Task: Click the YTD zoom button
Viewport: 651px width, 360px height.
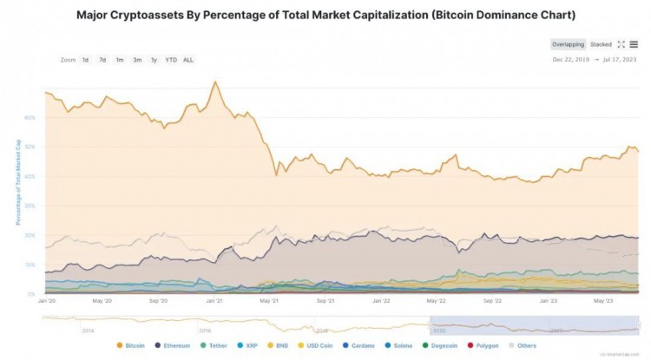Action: point(170,60)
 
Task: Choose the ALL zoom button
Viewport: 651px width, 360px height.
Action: point(188,60)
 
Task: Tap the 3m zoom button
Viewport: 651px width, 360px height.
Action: point(137,60)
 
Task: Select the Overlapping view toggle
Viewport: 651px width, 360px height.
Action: point(568,44)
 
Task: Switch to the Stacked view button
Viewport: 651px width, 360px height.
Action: point(601,44)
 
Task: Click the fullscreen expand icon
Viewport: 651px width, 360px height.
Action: point(621,44)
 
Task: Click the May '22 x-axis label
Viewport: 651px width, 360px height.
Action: point(436,301)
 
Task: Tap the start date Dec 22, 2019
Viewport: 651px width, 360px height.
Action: point(571,60)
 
